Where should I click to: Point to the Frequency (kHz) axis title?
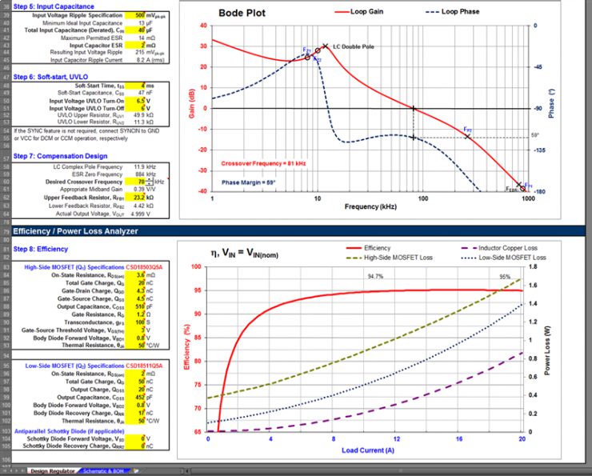click(x=370, y=206)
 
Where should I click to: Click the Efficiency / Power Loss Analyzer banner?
click(x=76, y=231)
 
